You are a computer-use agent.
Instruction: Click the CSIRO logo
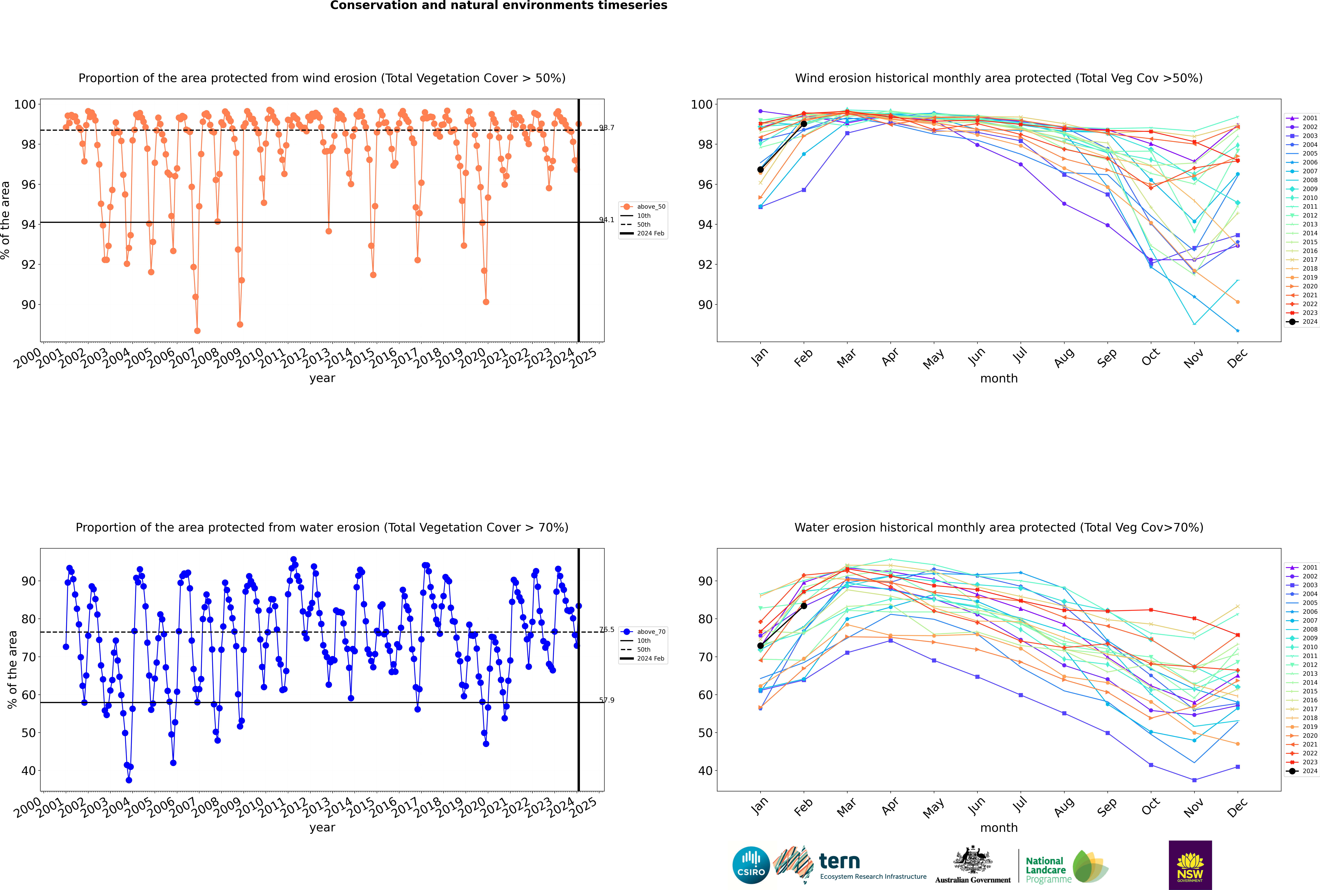pos(751,865)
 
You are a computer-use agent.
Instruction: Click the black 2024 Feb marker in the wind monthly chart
pos(804,124)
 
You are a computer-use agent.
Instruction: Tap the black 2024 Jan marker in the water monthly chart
pos(760,646)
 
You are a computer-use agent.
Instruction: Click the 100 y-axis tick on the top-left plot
pos(25,104)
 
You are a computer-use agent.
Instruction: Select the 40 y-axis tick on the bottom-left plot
pos(28,771)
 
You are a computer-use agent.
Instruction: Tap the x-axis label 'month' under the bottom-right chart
pos(999,828)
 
